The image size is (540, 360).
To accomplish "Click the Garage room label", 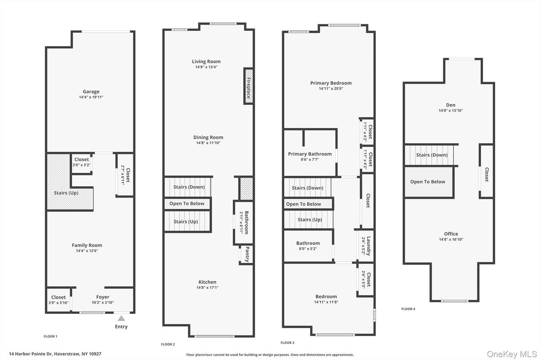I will (x=91, y=92).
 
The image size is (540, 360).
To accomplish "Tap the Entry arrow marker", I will (x=121, y=319).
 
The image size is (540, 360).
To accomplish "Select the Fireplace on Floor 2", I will (x=248, y=86).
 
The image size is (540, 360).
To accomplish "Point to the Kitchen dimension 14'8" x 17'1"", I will (x=207, y=287).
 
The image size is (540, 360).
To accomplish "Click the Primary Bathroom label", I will (x=310, y=154).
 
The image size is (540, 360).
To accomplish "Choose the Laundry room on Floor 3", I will (x=368, y=245).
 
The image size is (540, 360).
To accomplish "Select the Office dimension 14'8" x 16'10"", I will (x=451, y=239).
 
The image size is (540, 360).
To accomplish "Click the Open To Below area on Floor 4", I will (x=428, y=182).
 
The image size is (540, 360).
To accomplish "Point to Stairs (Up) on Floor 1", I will (x=67, y=193).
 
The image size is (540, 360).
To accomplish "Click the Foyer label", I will (x=103, y=297).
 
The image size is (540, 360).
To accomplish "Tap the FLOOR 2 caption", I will (x=168, y=344).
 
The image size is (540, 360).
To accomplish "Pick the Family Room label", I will (x=87, y=245).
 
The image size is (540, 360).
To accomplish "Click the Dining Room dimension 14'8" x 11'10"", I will (x=208, y=143).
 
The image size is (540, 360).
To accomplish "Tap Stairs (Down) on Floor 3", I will (x=308, y=188).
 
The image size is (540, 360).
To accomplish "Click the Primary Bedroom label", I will (x=331, y=83).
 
